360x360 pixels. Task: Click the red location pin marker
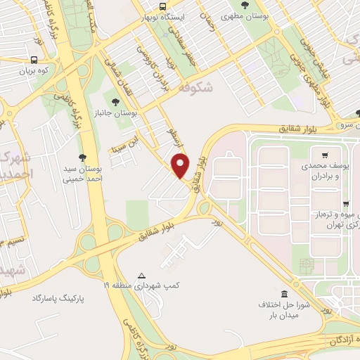(x=181, y=165)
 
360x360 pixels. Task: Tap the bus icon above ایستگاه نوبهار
(x=163, y=5)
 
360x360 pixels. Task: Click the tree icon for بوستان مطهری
(x=245, y=5)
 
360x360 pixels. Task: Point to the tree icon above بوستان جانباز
(x=116, y=101)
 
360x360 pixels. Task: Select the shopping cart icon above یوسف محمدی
(x=324, y=155)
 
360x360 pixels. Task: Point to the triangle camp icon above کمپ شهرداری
(x=142, y=276)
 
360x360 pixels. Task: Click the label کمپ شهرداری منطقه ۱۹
(x=144, y=286)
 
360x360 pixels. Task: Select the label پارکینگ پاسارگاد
(x=58, y=298)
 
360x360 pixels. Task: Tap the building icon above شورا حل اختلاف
(x=284, y=294)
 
